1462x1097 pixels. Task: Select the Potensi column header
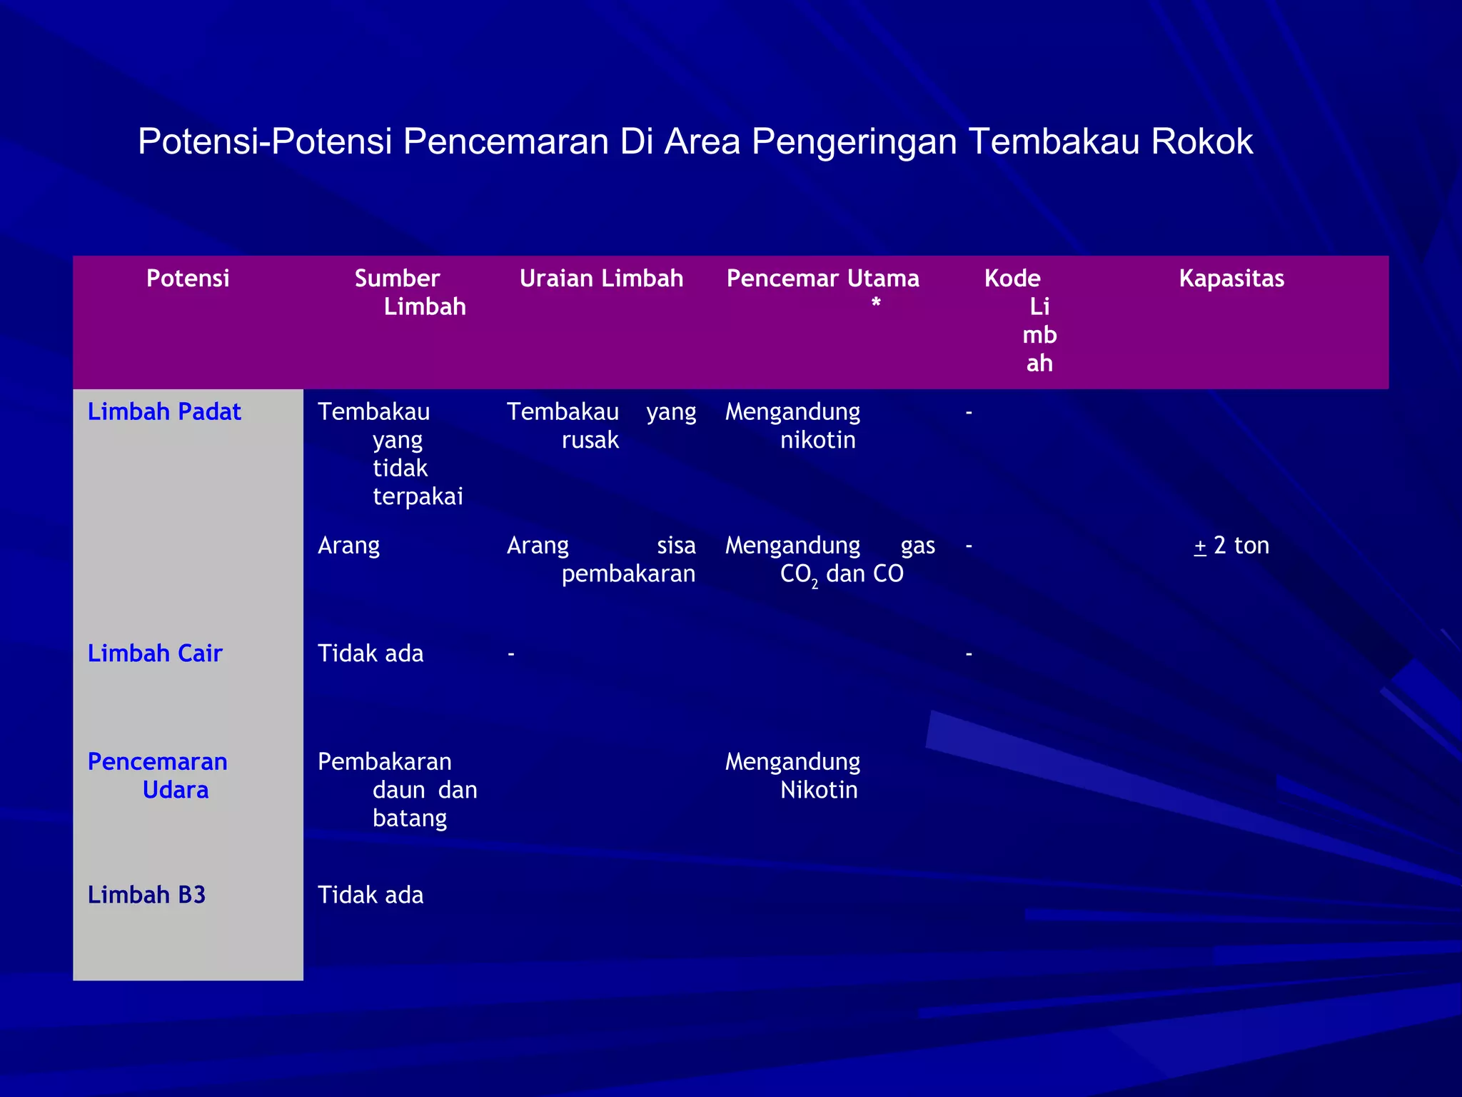coord(188,278)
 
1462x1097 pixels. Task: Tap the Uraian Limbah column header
coord(601,278)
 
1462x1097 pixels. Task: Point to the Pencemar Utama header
coord(822,278)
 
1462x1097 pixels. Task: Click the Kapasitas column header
coord(1231,278)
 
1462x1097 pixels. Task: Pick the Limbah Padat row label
coord(164,411)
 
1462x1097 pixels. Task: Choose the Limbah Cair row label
coord(155,653)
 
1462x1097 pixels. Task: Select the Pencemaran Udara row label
coord(158,776)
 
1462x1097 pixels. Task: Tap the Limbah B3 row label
coord(146,894)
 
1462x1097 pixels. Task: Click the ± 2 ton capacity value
coord(1231,546)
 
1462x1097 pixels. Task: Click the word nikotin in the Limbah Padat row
coord(817,440)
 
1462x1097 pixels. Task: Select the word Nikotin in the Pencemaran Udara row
coord(819,790)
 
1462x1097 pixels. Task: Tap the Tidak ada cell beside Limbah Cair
coord(370,653)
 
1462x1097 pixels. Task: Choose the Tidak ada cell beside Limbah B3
coord(370,894)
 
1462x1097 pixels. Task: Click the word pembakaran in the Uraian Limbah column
coord(628,573)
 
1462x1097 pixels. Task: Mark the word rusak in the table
coord(590,440)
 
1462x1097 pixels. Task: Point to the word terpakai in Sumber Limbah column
coord(418,496)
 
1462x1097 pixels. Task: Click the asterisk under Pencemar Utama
coord(876,304)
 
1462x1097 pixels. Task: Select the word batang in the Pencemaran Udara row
coord(410,818)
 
